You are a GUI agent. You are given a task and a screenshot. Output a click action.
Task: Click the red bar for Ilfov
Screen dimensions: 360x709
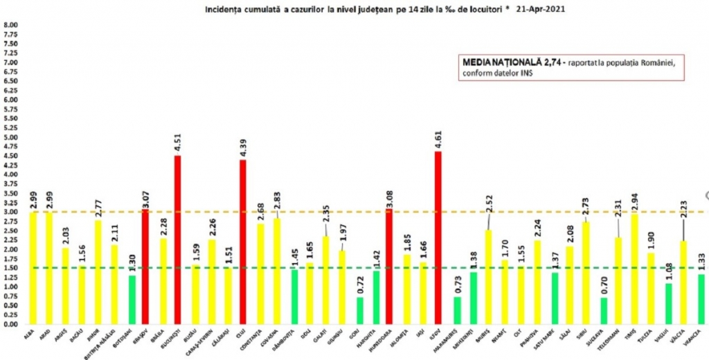pos(438,237)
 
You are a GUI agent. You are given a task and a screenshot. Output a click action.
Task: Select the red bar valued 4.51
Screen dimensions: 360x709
pos(177,240)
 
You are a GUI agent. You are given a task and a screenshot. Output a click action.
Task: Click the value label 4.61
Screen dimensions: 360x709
pos(438,138)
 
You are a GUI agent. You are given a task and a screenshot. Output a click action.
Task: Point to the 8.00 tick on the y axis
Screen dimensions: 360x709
pos(12,25)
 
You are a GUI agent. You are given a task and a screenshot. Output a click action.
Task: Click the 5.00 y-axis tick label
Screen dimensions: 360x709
pos(12,137)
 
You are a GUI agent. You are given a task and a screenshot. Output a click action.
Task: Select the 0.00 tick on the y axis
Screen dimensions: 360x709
pos(12,324)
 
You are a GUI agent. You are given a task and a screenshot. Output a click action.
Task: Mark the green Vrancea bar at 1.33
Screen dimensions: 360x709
pos(701,299)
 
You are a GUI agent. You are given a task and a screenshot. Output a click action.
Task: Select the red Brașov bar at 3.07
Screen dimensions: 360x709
pos(145,267)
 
